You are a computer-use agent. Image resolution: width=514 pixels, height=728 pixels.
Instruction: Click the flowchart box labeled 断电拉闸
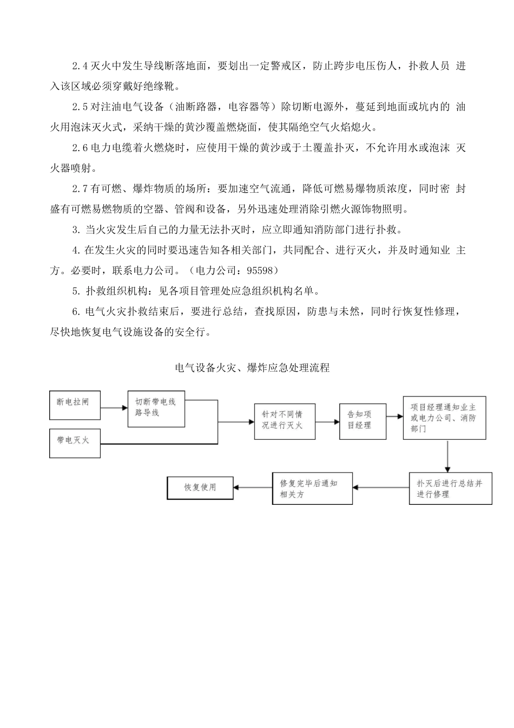click(x=75, y=405)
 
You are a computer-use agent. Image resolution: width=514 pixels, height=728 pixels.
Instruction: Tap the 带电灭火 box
click(x=75, y=443)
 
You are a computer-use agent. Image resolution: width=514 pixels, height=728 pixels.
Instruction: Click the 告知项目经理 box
click(x=363, y=421)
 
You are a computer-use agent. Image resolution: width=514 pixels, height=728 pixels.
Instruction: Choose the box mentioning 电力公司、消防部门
click(x=444, y=418)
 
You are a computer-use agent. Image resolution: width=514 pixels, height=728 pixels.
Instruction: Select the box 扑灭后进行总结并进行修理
click(x=450, y=489)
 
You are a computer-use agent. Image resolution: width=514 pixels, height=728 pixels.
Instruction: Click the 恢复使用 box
click(x=200, y=487)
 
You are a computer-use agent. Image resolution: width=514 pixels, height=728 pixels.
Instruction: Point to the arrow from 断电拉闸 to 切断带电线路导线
click(x=114, y=408)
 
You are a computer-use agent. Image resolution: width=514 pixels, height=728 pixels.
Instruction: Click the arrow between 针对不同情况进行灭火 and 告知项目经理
click(x=327, y=422)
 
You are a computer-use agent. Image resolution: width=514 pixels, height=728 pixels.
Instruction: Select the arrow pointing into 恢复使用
click(x=253, y=487)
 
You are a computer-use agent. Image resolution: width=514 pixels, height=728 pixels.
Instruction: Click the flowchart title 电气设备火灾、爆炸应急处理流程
click(x=253, y=368)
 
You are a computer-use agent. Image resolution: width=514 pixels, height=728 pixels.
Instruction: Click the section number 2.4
click(x=80, y=66)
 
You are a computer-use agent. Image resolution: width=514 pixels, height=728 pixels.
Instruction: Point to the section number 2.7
click(x=80, y=189)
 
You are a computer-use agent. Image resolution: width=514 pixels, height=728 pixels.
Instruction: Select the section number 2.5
click(x=80, y=107)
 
